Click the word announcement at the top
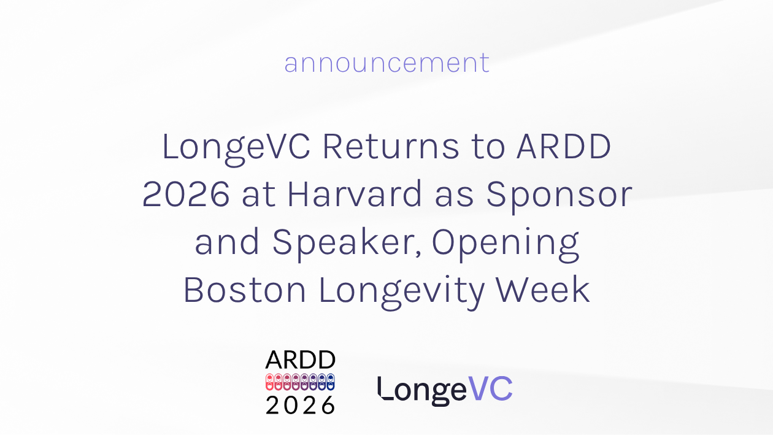point(387,63)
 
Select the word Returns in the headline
point(391,147)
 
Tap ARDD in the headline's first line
point(564,147)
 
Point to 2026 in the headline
point(186,194)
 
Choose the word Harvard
point(355,194)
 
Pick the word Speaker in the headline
point(347,244)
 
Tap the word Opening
point(506,244)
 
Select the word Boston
point(245,290)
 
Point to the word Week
point(542,290)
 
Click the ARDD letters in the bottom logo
point(300,360)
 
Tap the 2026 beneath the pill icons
point(300,404)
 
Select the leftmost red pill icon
point(269,382)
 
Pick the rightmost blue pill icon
point(331,382)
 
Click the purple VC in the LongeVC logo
point(490,389)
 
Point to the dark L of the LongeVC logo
point(385,388)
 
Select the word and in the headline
point(227,241)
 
